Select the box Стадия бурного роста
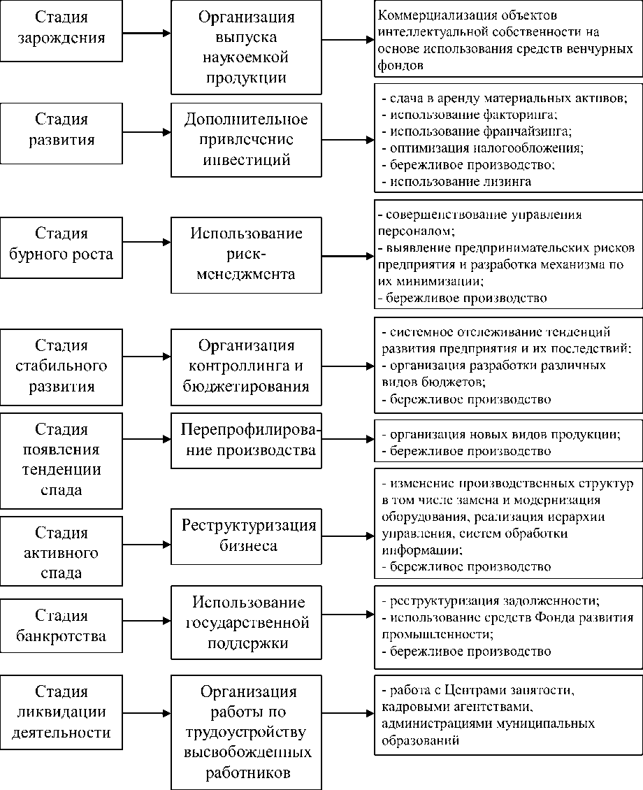(61, 243)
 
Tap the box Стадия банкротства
(61, 625)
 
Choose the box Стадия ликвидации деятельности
(61, 712)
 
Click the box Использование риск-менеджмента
(246, 254)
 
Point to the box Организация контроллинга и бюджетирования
(246, 366)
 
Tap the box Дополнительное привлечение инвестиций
(246, 139)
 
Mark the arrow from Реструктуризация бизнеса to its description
(347, 536)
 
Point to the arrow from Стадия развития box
(147, 131)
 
